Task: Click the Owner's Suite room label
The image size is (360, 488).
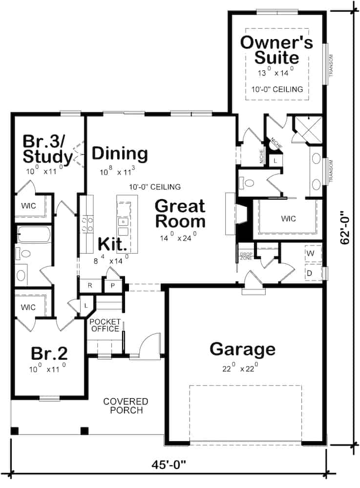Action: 276,50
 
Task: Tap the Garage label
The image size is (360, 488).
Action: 242,349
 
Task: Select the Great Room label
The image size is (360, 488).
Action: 180,214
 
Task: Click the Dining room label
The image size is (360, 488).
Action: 120,154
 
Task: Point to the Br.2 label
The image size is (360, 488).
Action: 49,353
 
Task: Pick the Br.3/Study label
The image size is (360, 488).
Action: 47,149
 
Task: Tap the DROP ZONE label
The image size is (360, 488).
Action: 245,256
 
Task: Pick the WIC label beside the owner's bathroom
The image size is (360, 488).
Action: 288,218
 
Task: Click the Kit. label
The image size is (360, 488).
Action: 113,243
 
